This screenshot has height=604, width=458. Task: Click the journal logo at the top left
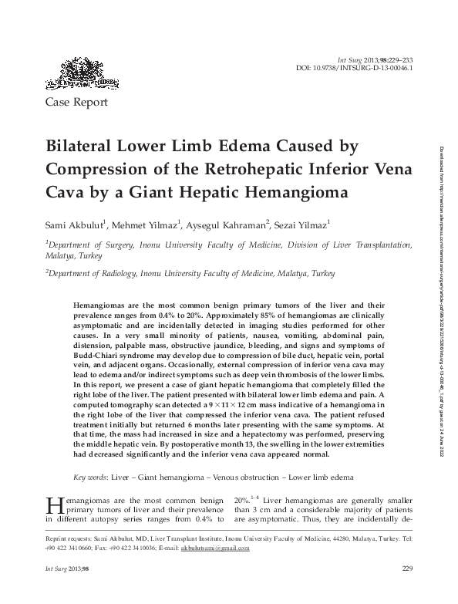click(x=76, y=73)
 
